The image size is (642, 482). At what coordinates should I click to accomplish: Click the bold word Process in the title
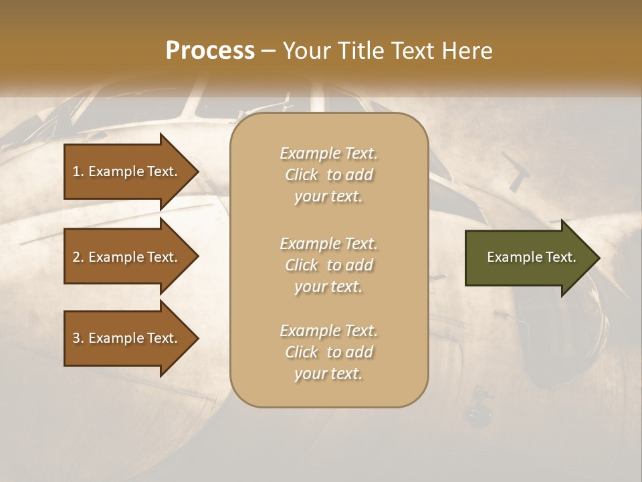coord(210,51)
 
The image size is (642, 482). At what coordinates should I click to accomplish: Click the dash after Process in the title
coord(269,52)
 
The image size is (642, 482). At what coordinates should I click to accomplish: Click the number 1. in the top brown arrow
coord(78,171)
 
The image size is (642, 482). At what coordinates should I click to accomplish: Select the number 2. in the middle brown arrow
coord(78,257)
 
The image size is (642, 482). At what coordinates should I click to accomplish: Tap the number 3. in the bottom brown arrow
coord(78,338)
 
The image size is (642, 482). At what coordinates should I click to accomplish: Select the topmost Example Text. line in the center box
coord(328,153)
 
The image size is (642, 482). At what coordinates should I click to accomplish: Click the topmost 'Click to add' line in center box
coord(328,175)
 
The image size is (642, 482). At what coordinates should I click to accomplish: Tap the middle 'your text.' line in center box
coord(328,287)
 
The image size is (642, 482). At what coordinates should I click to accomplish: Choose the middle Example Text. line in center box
coord(328,244)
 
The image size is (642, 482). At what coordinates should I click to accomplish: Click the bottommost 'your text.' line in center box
coord(328,374)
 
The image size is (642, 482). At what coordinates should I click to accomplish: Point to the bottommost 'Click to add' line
coord(328,352)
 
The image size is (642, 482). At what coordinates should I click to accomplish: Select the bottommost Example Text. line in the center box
coord(328,331)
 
